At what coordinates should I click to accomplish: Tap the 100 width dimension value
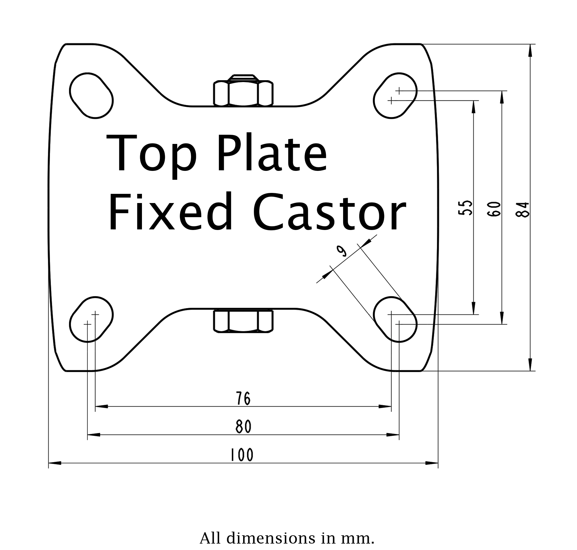[242, 454]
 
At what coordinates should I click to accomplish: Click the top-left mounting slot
[91, 95]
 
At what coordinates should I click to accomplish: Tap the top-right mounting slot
[395, 95]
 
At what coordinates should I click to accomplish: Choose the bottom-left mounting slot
[91, 319]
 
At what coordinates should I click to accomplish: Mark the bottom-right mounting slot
[395, 319]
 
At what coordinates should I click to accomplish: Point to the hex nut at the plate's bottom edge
[243, 321]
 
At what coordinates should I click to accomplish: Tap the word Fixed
[170, 212]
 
